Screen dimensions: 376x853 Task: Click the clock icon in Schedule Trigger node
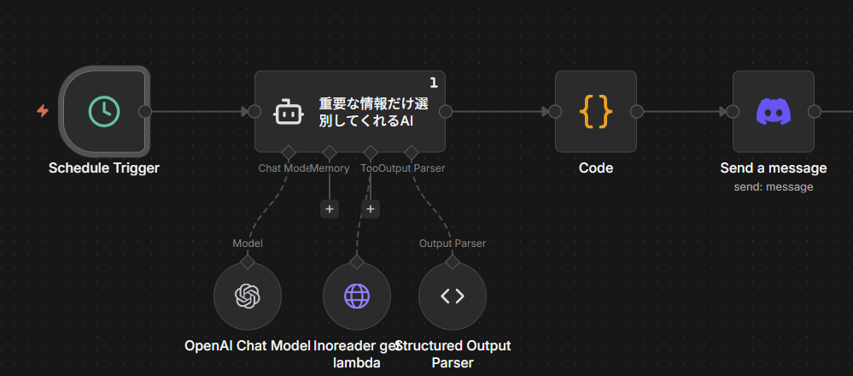[104, 111]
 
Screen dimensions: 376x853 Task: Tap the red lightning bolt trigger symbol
[43, 111]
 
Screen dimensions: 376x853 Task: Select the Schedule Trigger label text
[104, 168]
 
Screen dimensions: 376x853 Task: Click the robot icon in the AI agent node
[289, 112]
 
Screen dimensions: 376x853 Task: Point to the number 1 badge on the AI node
[434, 83]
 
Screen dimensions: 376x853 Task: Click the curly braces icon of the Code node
[596, 111]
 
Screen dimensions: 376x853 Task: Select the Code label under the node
[596, 168]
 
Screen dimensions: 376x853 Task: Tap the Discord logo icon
[774, 111]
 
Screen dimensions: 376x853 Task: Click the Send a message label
[774, 168]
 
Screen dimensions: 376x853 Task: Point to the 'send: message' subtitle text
[774, 186]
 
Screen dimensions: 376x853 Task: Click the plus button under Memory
[330, 209]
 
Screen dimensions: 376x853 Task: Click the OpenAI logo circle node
[248, 296]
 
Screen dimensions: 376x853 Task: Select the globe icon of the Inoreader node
[357, 296]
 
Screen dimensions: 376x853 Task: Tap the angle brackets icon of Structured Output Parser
[453, 296]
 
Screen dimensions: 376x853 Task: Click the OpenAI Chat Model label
[248, 346]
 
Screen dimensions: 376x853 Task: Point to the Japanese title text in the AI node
[374, 112]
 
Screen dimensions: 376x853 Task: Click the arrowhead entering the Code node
[546, 111]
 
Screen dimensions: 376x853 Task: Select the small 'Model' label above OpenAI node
[248, 244]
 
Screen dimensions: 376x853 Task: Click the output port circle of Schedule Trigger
[145, 111]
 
